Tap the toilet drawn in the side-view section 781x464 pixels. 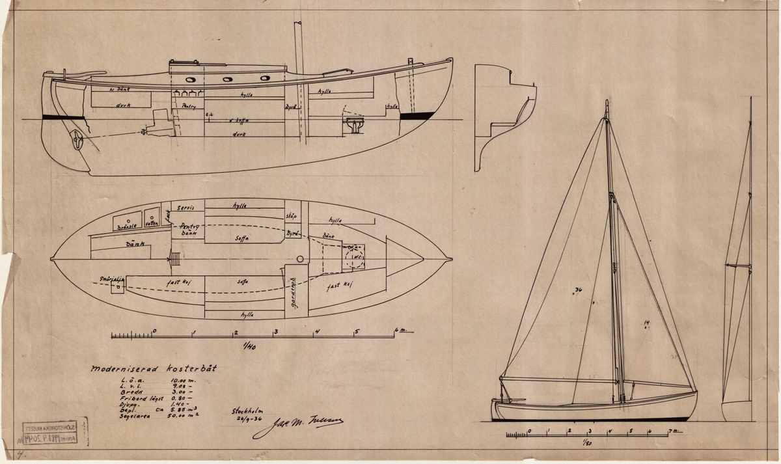(353, 124)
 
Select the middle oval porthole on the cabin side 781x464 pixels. (228, 79)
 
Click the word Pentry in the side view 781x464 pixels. (189, 109)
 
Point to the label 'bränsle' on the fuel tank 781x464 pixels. (125, 227)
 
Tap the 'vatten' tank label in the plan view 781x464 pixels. (152, 223)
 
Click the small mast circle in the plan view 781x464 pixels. (299, 259)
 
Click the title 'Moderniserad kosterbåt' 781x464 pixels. (154, 368)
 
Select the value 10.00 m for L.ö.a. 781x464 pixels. (180, 379)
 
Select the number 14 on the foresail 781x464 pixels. (646, 323)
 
